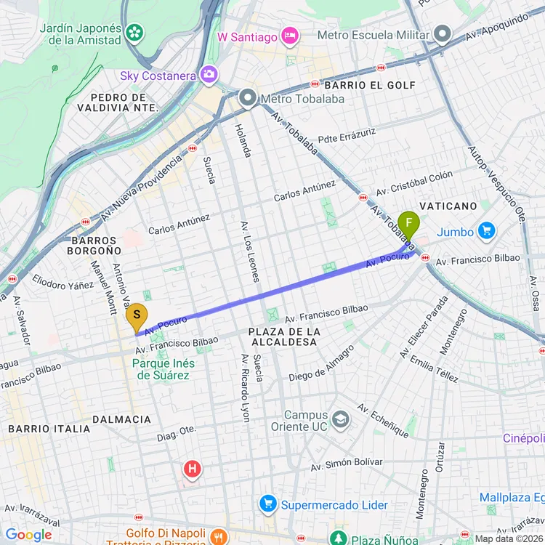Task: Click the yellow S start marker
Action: (136, 317)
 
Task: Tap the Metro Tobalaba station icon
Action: (248, 97)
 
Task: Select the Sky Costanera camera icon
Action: (209, 74)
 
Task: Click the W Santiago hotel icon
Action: (290, 36)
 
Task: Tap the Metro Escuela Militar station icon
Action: (442, 34)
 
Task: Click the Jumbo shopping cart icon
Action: (486, 232)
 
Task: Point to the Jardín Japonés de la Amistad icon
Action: (134, 31)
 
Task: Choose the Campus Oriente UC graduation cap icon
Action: (339, 419)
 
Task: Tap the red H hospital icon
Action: (192, 469)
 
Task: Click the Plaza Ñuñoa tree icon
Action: (338, 538)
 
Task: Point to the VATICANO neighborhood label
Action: (448, 206)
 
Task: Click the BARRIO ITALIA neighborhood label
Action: (49, 429)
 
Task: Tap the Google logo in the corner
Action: (29, 536)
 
